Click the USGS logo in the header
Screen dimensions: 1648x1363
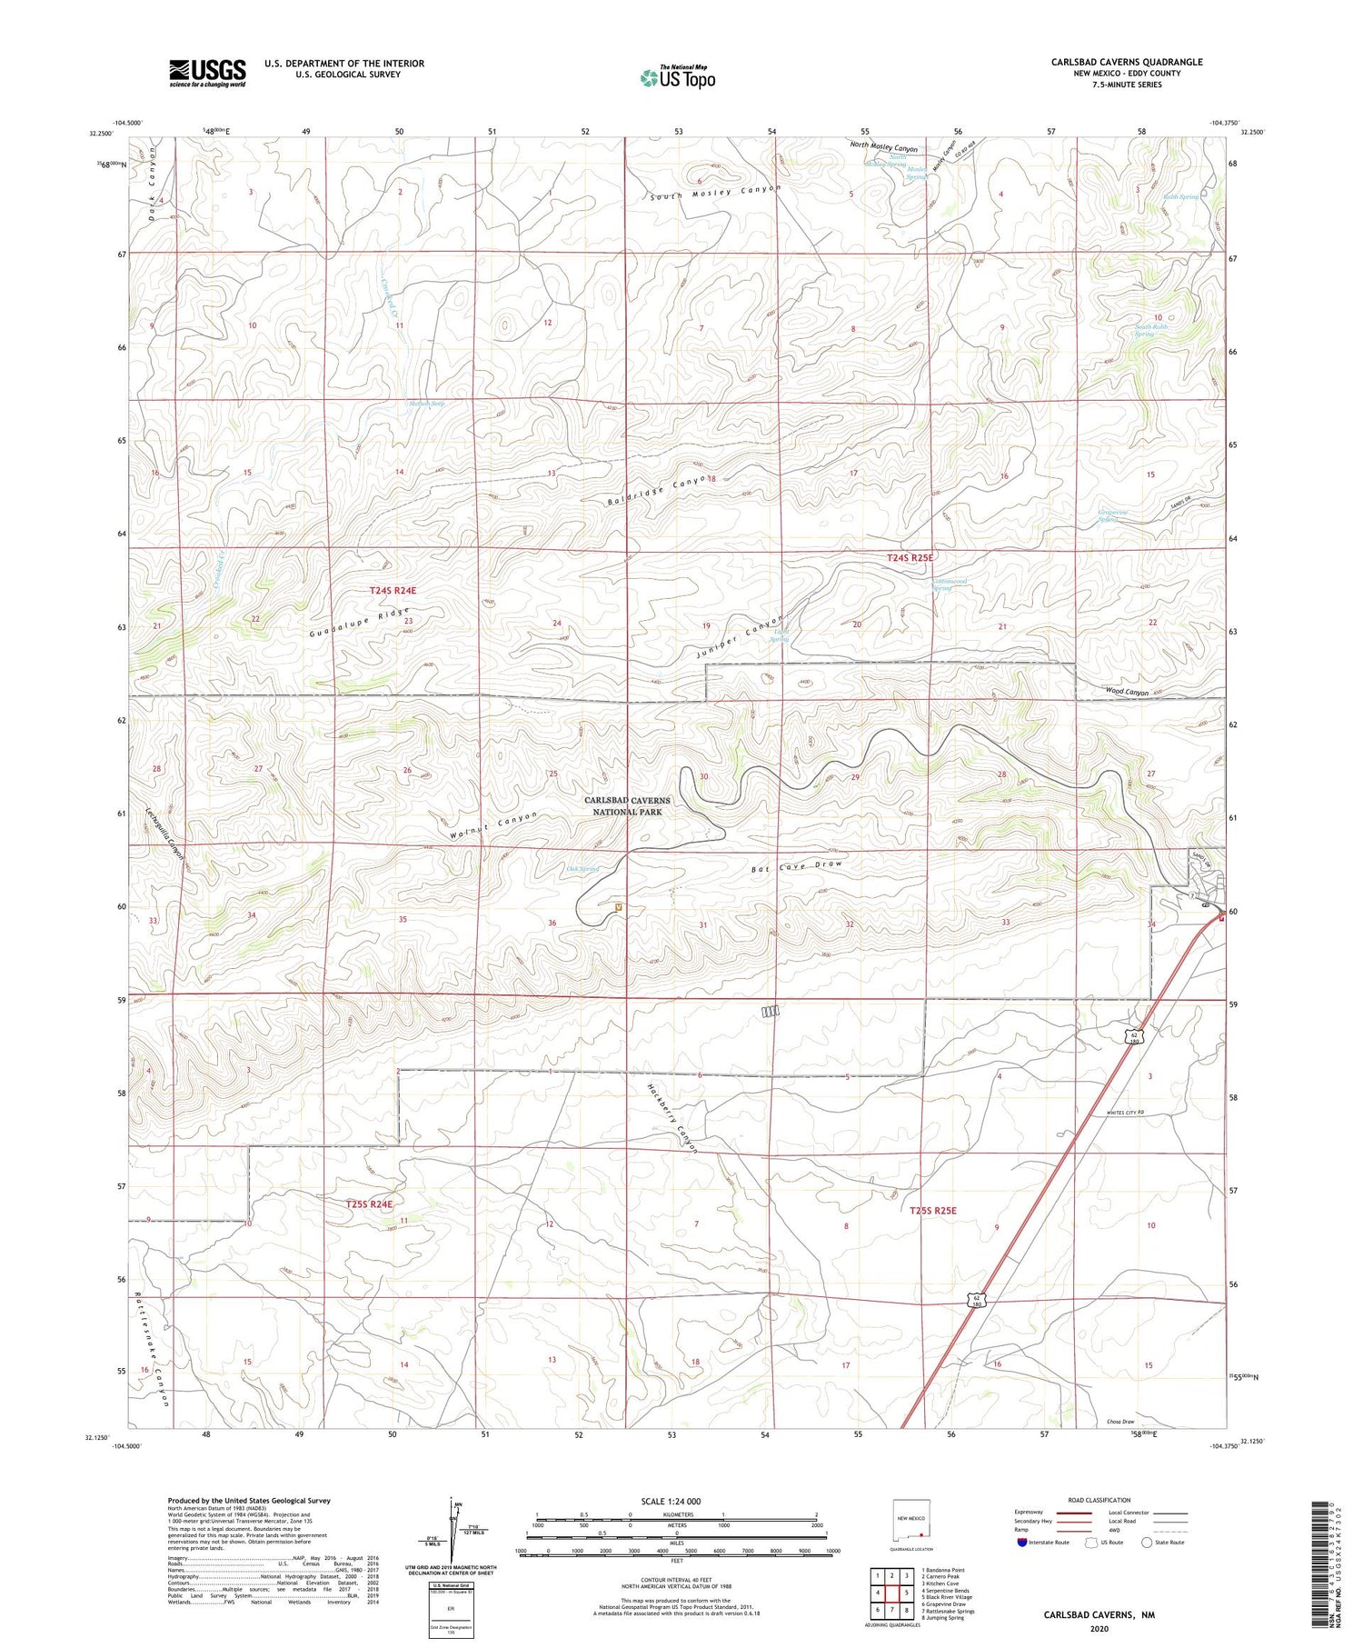(207, 73)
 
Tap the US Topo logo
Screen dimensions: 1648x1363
(677, 77)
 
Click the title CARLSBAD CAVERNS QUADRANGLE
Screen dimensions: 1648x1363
(1127, 62)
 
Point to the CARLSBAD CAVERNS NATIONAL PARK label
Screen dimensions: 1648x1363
(627, 806)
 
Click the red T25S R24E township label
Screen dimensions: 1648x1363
(369, 1204)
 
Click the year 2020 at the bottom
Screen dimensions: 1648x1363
(1099, 1629)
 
